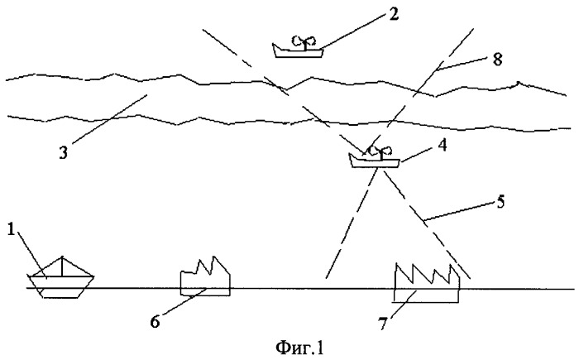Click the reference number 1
coord(11,231)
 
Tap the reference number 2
coord(394,14)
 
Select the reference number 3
coord(63,152)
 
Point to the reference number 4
coord(442,146)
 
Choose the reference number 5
coord(500,202)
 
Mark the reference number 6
coord(156,322)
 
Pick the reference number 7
coord(382,324)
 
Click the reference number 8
coord(498,60)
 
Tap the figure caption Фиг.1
coord(299,348)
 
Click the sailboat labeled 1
coord(60,277)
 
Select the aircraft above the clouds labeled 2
coord(298,47)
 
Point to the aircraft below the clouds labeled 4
coord(375,156)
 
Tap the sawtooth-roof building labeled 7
coord(428,283)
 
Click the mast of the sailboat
coord(62,266)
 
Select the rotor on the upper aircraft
coord(304,41)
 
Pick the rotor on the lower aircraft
coord(381,151)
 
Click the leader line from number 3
coord(110,119)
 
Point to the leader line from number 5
coord(459,211)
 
